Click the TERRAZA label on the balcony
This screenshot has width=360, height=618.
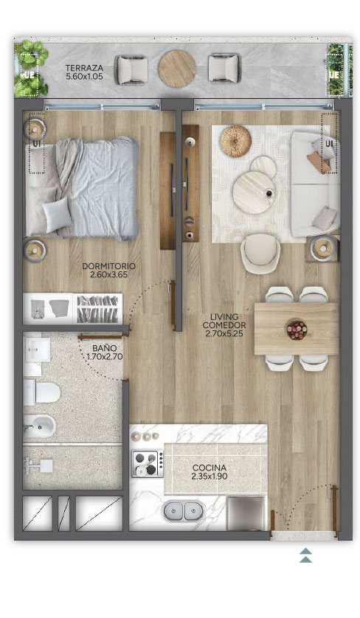coord(84,68)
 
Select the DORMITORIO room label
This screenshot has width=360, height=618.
coord(108,266)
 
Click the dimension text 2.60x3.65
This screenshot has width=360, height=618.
coord(109,275)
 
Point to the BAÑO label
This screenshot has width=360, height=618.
coord(105,348)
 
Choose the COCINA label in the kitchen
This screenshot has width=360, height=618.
coord(210,468)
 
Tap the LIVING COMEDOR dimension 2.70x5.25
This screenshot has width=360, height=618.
coord(224,334)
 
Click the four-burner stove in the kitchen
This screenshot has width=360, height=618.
coord(148,463)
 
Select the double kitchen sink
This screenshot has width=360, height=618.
coord(183,511)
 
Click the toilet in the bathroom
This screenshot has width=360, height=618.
coord(41,392)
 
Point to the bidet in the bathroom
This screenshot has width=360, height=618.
coord(39,426)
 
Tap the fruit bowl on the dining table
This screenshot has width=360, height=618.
coord(297,330)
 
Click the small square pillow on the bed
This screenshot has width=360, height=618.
coord(58,215)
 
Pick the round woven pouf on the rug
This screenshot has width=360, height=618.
coord(236,141)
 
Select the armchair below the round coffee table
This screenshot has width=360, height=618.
coord(260,254)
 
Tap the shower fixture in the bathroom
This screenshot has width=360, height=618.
coord(38,466)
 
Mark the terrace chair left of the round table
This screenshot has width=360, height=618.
coord(132,70)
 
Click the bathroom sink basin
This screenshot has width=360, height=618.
coord(37,350)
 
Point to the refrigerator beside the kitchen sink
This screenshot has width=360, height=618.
coord(246,513)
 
